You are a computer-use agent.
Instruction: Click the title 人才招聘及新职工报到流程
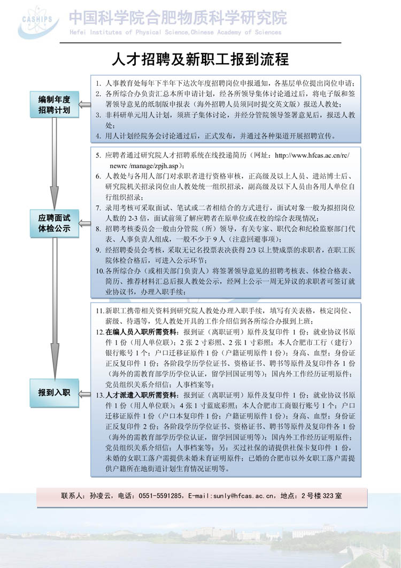(200, 58)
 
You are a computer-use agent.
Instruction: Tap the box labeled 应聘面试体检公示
(54, 224)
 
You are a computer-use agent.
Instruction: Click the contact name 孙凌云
(99, 496)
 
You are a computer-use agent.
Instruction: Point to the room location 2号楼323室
(321, 496)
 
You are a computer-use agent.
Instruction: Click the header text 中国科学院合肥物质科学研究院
(178, 18)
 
